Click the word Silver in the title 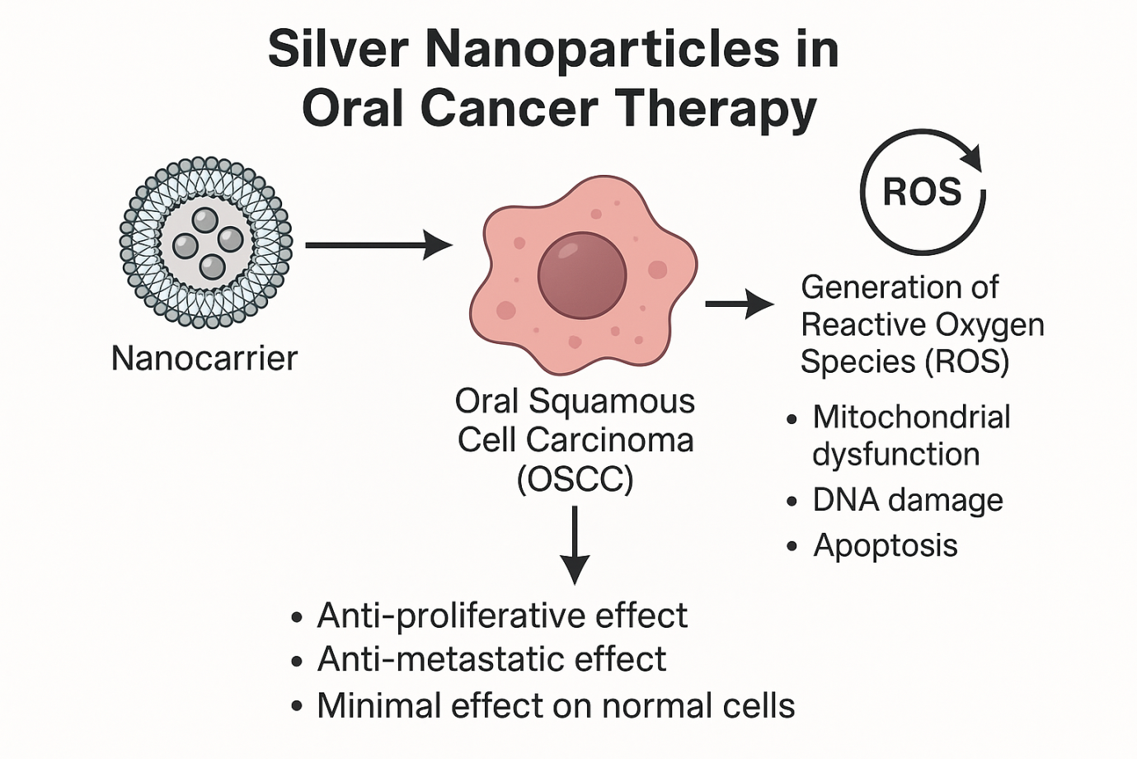click(338, 49)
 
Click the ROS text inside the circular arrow click(922, 191)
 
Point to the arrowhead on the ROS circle click(972, 157)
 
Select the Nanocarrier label click(204, 358)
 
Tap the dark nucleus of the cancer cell click(582, 275)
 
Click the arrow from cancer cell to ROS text click(739, 304)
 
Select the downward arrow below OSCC click(574, 544)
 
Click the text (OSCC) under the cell click(575, 478)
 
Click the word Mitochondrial click(911, 417)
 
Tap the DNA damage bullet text click(908, 500)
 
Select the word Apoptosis click(886, 545)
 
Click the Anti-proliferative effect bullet click(501, 615)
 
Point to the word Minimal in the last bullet click(372, 706)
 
